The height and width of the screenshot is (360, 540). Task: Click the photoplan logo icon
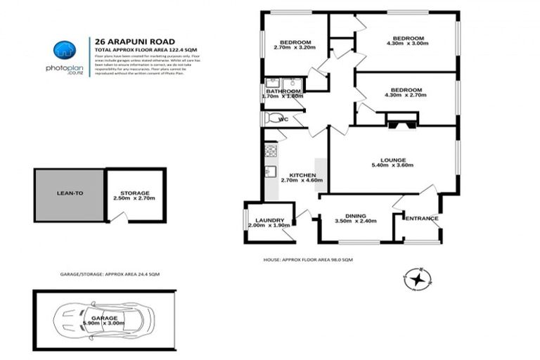(64, 50)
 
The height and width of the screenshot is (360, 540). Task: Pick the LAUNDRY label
(269, 221)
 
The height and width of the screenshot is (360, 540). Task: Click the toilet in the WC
(272, 118)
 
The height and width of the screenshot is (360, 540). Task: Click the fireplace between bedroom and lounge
(401, 123)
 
